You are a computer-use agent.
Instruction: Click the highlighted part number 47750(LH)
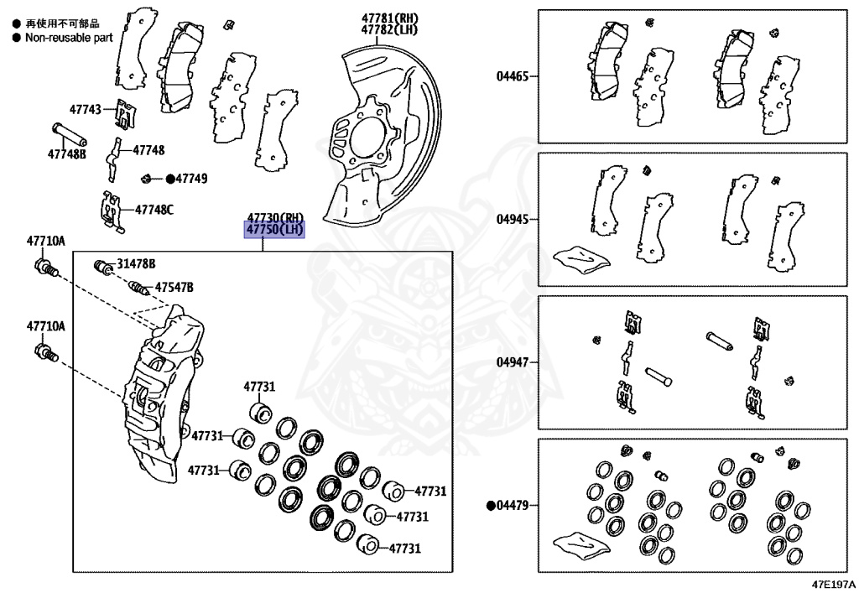[274, 230]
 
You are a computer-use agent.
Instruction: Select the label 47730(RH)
[274, 217]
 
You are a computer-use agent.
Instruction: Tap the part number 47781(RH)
[389, 18]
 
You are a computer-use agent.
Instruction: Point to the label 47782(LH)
[389, 30]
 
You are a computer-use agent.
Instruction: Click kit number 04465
[512, 76]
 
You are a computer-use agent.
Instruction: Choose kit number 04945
[512, 219]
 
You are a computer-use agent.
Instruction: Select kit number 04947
[512, 362]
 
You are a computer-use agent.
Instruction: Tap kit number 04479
[516, 505]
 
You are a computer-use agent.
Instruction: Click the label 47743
[85, 110]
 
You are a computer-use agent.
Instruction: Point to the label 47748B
[66, 154]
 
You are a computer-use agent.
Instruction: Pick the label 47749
[191, 179]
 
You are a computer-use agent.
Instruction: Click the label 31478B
[136, 263]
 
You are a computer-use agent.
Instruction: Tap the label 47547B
[174, 288]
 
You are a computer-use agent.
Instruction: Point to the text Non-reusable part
[68, 37]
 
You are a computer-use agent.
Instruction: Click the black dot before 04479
[491, 505]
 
